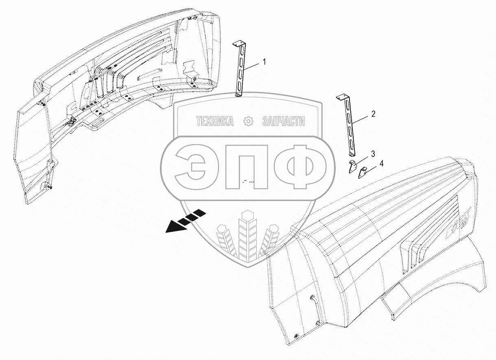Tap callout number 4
(381, 163)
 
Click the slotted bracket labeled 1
(240, 71)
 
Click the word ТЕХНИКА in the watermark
(215, 121)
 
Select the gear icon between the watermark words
(248, 121)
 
